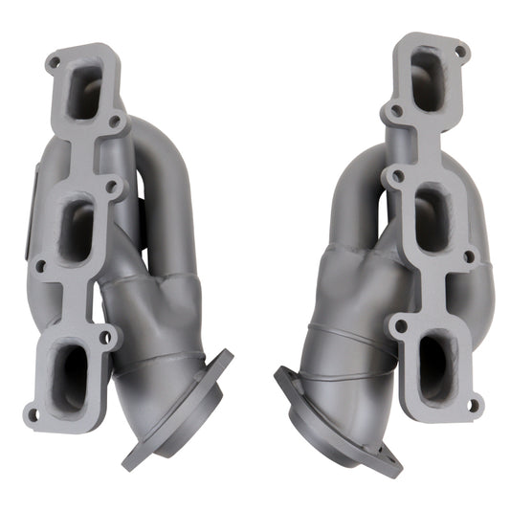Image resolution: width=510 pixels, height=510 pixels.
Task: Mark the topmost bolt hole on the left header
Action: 54,63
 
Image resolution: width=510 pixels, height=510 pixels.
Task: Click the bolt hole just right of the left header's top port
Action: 115,122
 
